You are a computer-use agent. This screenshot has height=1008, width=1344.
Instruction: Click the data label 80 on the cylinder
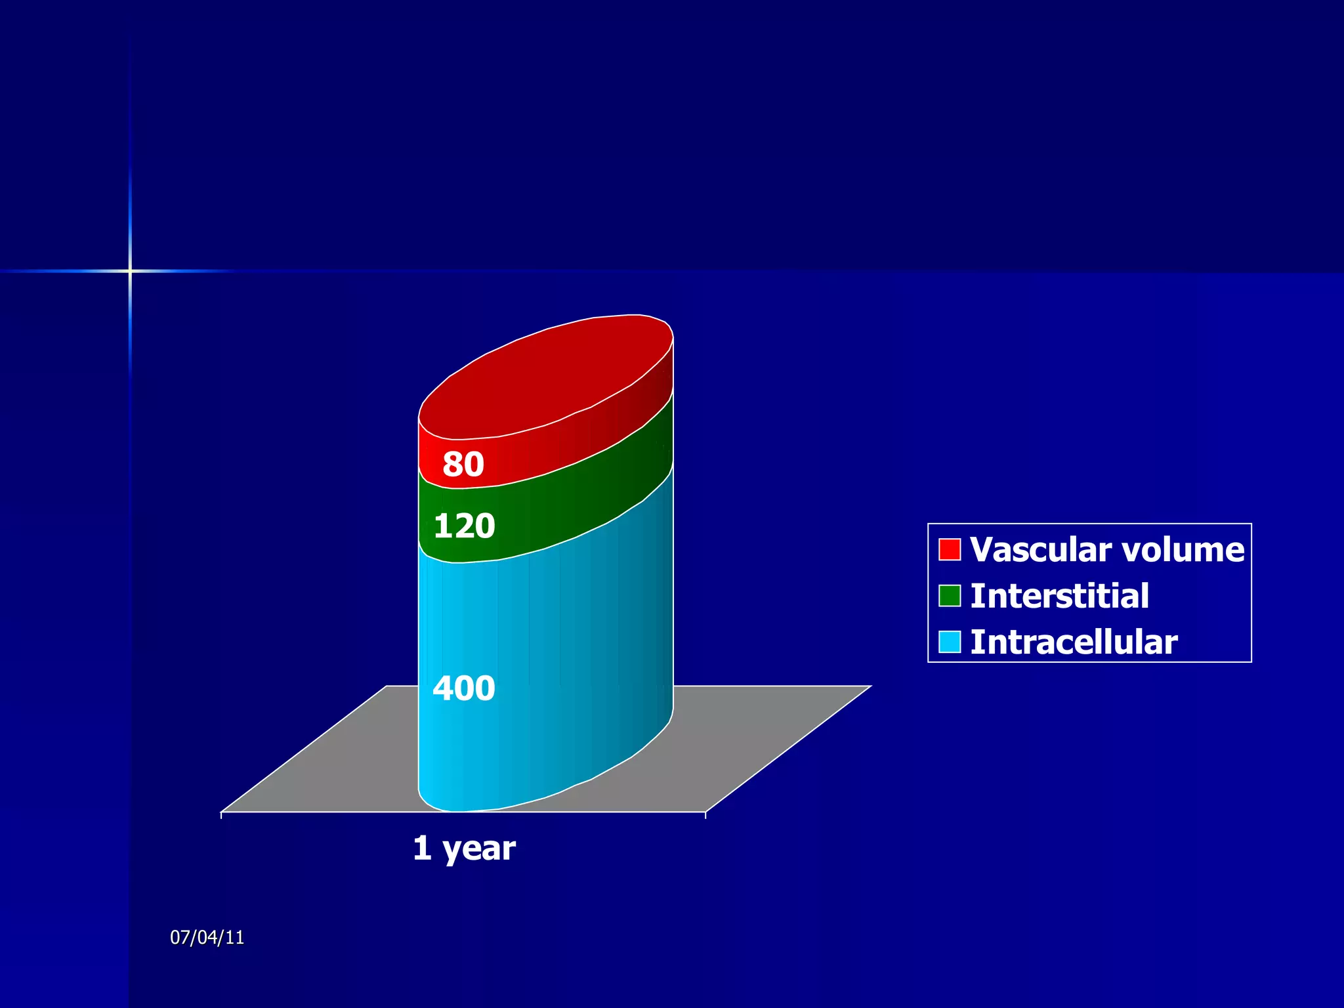point(463,464)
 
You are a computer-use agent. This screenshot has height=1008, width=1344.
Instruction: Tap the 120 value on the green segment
point(464,526)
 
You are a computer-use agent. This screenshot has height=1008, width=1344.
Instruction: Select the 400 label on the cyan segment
point(463,688)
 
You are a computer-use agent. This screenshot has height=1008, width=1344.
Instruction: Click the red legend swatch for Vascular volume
point(949,549)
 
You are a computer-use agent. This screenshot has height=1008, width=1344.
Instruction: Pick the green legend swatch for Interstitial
point(949,596)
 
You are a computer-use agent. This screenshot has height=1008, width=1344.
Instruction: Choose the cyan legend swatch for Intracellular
point(949,642)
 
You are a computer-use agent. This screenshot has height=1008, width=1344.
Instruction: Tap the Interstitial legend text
point(1059,596)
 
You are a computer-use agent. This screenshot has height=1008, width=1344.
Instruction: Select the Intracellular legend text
point(1074,642)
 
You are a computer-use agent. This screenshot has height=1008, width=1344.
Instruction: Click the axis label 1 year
point(464,848)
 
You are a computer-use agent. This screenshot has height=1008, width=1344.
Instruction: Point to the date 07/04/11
point(207,937)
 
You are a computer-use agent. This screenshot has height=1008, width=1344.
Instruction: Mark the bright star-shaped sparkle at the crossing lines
point(130,270)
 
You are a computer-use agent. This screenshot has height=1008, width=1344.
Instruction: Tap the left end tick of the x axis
point(222,815)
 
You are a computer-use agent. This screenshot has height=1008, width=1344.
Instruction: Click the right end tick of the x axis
point(705,815)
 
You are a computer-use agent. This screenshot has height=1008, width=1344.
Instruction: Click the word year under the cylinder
point(478,849)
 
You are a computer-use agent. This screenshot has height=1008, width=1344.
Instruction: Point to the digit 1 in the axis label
point(421,848)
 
